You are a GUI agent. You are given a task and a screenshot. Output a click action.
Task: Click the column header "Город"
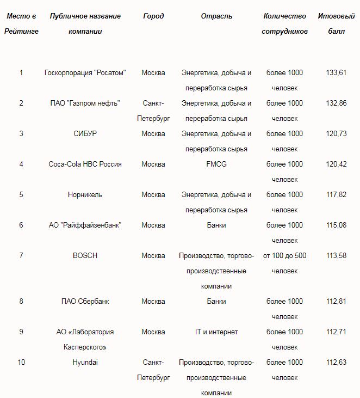pos(153,16)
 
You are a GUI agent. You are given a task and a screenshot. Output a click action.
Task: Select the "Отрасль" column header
pos(216,16)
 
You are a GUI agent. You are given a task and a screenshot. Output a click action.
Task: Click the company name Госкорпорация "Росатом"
pos(85,73)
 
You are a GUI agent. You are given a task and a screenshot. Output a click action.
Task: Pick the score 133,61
pos(336,73)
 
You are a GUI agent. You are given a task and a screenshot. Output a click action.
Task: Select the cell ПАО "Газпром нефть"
pos(85,103)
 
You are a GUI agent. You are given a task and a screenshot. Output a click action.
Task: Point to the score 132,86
pos(336,103)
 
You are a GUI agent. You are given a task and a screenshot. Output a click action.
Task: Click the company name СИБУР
pos(85,134)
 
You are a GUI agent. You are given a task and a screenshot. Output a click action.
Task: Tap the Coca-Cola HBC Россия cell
pos(85,164)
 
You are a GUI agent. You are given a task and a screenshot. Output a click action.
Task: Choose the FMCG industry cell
pos(216,164)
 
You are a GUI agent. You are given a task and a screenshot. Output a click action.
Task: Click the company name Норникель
pos(85,195)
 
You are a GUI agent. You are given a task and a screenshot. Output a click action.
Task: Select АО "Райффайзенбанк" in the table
pos(85,225)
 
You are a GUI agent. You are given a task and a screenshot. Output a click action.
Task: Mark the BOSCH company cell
pos(85,256)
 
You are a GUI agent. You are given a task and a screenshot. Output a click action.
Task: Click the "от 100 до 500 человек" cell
pos(284,263)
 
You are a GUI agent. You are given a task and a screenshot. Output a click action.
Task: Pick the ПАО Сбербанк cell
pos(85,302)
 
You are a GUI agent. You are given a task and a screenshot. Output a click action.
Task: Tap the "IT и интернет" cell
pos(216,332)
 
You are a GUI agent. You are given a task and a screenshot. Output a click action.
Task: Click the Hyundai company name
pos(85,363)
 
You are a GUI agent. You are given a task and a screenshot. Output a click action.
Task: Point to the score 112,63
pos(336,363)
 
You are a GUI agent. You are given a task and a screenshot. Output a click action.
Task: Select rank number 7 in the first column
pos(21,256)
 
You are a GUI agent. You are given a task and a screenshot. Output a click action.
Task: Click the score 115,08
pos(336,225)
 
